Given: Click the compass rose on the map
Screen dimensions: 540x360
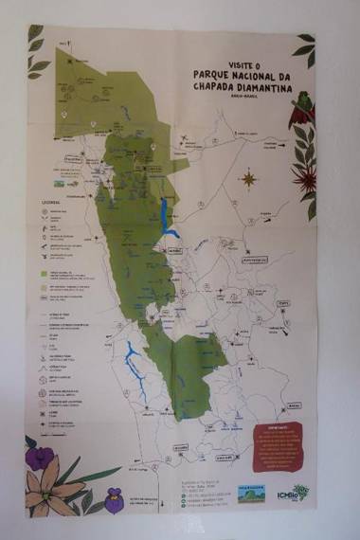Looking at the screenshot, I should point(249,177).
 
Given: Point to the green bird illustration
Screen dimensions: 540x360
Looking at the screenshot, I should point(304,103).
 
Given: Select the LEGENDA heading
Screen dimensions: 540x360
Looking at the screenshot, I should point(50,202).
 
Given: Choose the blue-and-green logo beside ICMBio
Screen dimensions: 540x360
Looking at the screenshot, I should point(251,493).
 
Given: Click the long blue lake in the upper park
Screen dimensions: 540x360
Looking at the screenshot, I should point(168,219).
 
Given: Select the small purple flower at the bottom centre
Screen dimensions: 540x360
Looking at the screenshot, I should point(115,495).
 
